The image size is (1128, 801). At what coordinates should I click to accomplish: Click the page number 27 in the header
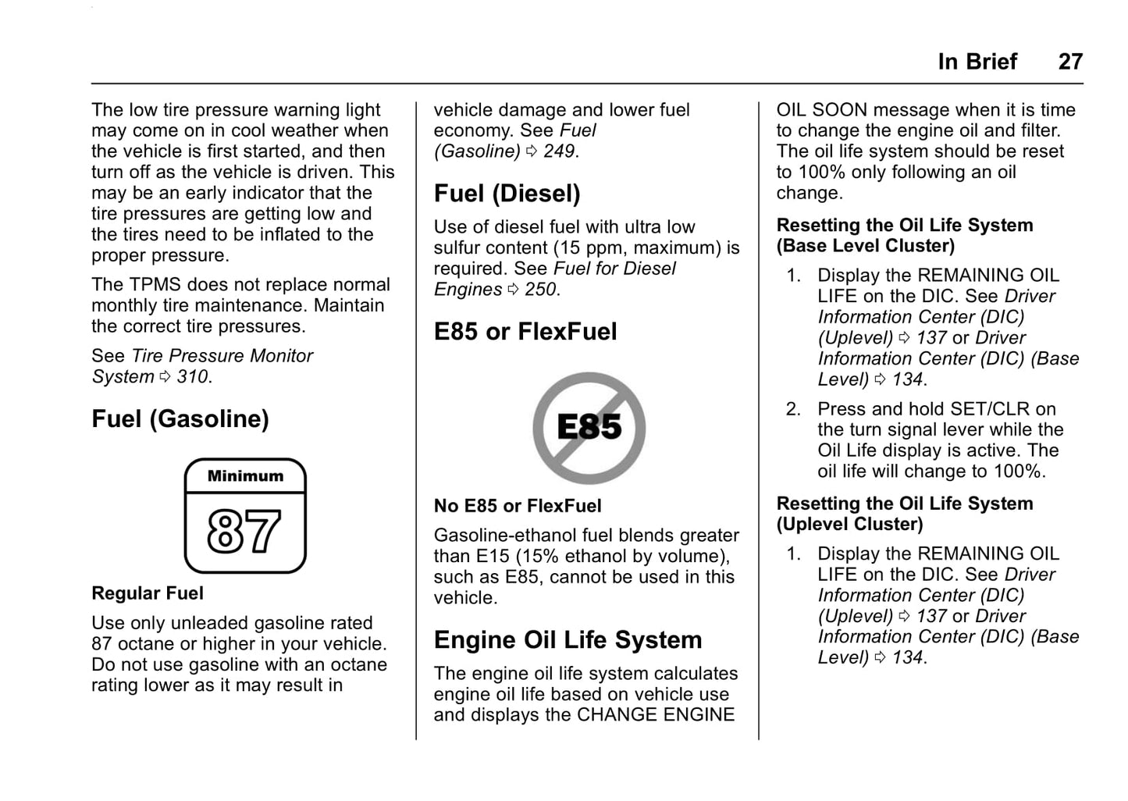pyautogui.click(x=1070, y=62)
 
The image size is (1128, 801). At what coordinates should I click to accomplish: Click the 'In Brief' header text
pyautogui.click(x=977, y=62)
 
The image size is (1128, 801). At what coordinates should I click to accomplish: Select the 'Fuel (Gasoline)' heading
pyautogui.click(x=180, y=419)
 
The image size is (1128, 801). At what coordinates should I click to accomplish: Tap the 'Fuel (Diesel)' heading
pyautogui.click(x=507, y=194)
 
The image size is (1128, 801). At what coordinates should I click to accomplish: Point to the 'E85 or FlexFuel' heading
pyautogui.click(x=525, y=332)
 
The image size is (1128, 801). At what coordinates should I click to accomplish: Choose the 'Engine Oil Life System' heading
pyautogui.click(x=568, y=640)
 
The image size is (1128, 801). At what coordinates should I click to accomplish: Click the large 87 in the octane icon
pyautogui.click(x=244, y=532)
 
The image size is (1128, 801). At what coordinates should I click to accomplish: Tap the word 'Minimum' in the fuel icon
pyautogui.click(x=245, y=476)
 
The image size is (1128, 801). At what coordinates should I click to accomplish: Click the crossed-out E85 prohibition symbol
pyautogui.click(x=589, y=428)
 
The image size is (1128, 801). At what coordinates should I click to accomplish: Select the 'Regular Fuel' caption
pyautogui.click(x=148, y=593)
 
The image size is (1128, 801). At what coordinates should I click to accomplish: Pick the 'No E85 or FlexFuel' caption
pyautogui.click(x=518, y=506)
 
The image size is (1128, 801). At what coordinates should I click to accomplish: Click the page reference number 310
pyautogui.click(x=192, y=377)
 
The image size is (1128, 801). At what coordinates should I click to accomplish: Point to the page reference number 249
pyautogui.click(x=559, y=151)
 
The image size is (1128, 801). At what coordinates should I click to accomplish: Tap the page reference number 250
pyautogui.click(x=540, y=290)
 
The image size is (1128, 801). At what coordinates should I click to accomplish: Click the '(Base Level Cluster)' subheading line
pyautogui.click(x=866, y=246)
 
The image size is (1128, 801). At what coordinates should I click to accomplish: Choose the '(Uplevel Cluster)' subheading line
pyautogui.click(x=849, y=525)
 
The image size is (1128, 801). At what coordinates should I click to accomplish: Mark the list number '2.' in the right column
pyautogui.click(x=793, y=409)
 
